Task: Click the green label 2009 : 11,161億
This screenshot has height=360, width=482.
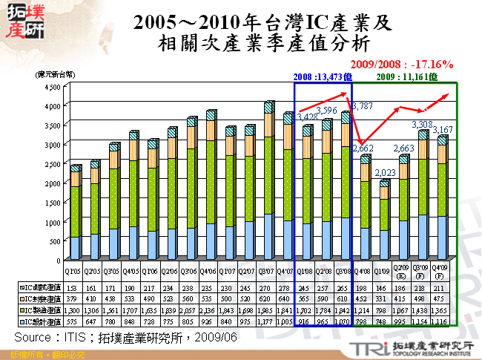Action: (407, 76)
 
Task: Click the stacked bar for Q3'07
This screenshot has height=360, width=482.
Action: (269, 186)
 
